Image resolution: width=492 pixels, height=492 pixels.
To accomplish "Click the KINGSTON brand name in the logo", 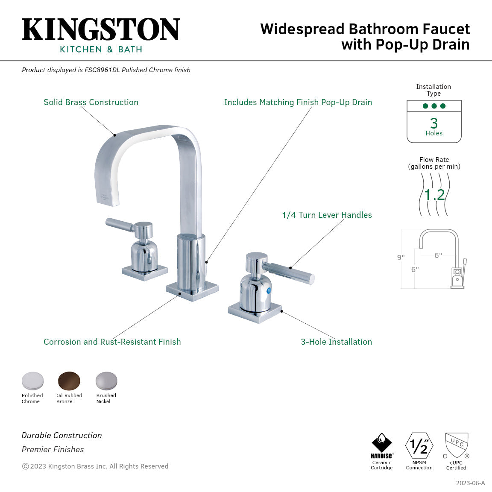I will click(101, 30).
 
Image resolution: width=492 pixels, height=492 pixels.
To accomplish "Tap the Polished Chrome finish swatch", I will click(33, 381).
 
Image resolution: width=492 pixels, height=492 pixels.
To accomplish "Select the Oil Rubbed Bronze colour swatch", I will click(69, 381).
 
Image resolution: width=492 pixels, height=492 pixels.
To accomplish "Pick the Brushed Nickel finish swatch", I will click(106, 381).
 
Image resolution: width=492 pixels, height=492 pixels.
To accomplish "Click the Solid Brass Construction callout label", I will click(91, 102).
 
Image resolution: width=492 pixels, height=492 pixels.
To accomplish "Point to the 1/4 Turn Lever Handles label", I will click(327, 215).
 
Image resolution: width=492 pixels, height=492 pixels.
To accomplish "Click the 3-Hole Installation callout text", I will click(336, 342).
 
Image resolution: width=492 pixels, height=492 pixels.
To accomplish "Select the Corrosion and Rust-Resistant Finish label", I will click(112, 342).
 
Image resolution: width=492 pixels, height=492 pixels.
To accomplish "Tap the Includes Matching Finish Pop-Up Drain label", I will click(298, 102).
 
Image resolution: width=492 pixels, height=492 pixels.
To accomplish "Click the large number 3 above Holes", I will click(434, 123).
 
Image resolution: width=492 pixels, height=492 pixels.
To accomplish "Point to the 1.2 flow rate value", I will click(434, 195).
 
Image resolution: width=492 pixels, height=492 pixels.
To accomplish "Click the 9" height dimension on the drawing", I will click(401, 258).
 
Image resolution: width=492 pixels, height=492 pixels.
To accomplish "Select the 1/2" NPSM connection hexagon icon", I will click(419, 445).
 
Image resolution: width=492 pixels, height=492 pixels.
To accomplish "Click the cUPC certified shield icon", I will click(457, 445).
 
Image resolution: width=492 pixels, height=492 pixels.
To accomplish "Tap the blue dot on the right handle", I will click(269, 291).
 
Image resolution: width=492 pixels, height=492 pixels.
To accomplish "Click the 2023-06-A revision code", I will click(470, 483).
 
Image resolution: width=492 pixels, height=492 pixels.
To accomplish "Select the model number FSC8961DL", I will click(102, 70).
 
